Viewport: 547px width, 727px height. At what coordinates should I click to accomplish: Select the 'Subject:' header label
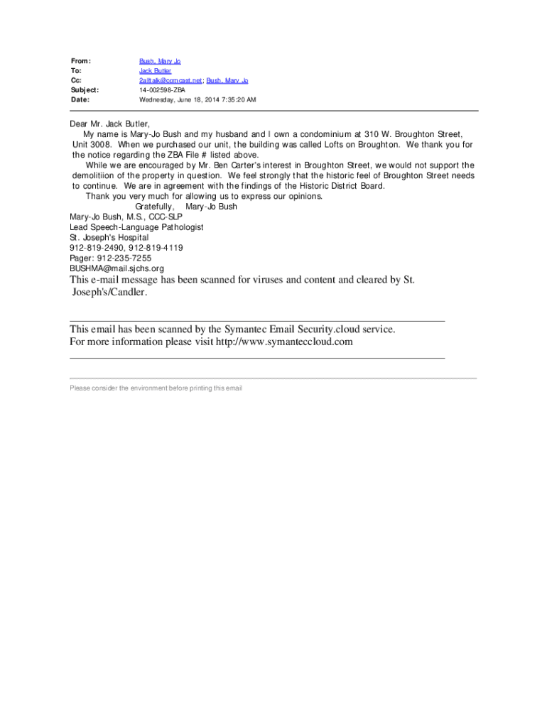(x=85, y=90)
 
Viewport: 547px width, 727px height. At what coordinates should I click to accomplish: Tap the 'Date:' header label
(x=80, y=100)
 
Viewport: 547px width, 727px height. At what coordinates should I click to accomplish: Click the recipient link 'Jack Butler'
(x=155, y=72)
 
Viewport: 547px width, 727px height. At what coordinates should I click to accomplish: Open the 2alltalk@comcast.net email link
(x=170, y=81)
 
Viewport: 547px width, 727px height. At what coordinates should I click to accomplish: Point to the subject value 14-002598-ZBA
(x=163, y=90)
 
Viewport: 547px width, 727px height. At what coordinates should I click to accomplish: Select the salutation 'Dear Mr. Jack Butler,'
(x=109, y=124)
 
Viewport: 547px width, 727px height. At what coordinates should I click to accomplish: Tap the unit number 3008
(x=99, y=144)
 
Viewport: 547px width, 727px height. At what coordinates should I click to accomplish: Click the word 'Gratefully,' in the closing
(x=154, y=207)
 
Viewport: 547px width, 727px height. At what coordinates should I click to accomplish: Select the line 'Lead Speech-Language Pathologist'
(x=136, y=227)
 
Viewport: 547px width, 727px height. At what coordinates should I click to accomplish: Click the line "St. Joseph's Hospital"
(x=109, y=237)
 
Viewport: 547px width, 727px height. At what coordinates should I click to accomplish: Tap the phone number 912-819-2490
(x=97, y=248)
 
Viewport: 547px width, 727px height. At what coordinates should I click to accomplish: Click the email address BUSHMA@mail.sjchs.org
(x=117, y=268)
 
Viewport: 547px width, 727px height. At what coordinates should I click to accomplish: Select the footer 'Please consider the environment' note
(x=156, y=388)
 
